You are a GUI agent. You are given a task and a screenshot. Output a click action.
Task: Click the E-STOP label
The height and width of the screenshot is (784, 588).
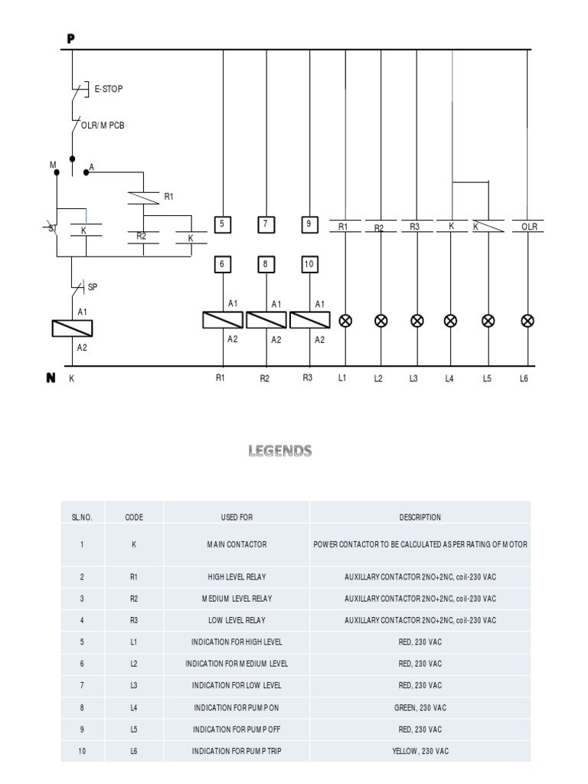click(108, 89)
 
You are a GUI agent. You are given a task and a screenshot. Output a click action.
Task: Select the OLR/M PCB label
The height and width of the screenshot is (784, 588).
click(103, 125)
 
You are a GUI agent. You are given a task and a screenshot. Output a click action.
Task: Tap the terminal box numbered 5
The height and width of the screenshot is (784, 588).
click(223, 224)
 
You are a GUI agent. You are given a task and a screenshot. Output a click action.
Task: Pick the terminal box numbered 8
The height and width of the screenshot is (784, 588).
click(266, 265)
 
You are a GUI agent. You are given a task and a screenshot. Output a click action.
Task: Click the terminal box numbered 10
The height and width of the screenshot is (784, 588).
click(309, 265)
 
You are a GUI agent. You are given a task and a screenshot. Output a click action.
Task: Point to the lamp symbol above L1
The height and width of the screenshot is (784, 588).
click(345, 321)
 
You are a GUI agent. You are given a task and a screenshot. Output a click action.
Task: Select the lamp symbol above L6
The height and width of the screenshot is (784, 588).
click(527, 321)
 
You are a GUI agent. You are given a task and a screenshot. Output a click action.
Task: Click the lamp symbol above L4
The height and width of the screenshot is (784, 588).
click(451, 321)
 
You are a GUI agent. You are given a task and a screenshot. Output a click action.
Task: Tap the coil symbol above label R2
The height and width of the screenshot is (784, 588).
click(266, 320)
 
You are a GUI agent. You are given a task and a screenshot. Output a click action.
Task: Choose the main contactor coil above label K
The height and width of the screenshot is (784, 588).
click(72, 328)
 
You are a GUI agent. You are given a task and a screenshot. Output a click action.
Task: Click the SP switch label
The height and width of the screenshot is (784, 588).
click(93, 287)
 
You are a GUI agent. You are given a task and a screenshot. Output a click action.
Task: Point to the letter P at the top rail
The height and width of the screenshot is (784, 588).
click(71, 39)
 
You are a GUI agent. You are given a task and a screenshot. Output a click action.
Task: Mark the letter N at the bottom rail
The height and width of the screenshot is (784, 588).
click(51, 378)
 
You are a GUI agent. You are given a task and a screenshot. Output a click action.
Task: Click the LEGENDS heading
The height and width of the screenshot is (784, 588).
click(279, 451)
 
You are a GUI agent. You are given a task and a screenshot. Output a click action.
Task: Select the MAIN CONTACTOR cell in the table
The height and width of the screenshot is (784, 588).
click(237, 544)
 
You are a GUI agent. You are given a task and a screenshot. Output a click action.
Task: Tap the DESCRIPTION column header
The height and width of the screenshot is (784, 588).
click(420, 517)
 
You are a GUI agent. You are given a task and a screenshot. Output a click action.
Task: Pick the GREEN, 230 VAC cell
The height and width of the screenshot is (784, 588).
click(420, 708)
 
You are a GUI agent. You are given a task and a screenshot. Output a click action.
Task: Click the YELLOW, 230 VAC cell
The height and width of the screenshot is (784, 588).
click(420, 751)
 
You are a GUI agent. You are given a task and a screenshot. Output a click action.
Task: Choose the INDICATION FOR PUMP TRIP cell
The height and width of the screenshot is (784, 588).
click(237, 751)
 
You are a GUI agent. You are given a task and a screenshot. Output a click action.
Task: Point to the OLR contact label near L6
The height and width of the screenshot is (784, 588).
click(530, 227)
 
